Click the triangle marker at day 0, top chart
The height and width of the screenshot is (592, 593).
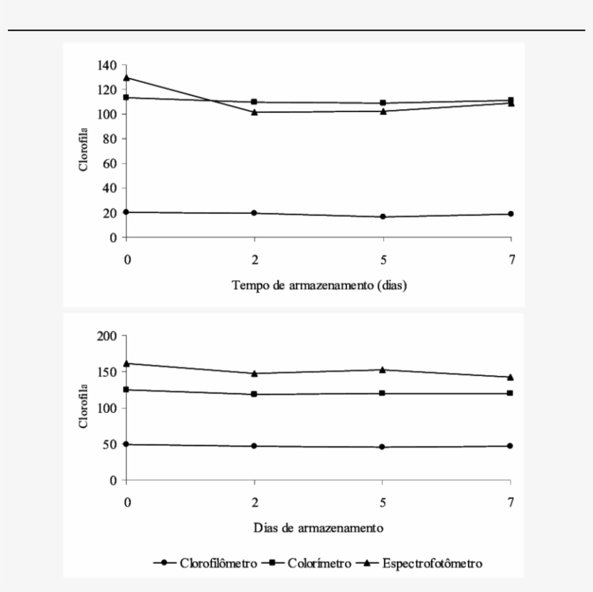(127, 77)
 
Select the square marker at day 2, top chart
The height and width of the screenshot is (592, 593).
(255, 102)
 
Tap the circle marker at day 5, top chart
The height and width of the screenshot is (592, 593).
(383, 217)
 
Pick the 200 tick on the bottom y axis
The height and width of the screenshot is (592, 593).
(108, 336)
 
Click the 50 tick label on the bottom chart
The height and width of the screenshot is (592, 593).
(111, 445)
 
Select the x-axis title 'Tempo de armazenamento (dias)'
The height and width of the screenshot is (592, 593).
(319, 285)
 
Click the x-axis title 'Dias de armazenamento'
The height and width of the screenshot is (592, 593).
(318, 527)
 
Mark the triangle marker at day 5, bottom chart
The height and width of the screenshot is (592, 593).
(383, 369)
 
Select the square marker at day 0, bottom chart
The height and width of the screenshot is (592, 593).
(127, 390)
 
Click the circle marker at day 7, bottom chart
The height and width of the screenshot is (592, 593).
(511, 446)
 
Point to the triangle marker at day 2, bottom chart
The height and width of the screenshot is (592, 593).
(255, 374)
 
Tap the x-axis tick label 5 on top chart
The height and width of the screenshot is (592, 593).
(383, 261)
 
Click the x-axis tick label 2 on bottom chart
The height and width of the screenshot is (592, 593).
(255, 503)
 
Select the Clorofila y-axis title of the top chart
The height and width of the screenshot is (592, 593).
(85, 151)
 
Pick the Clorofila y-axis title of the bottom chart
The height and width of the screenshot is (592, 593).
(85, 408)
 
